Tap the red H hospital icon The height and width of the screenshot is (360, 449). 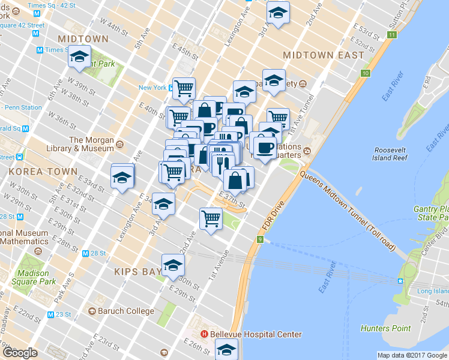[x=204, y=334]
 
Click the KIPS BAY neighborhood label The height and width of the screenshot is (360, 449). [x=138, y=271]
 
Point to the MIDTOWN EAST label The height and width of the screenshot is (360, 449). [x=323, y=55]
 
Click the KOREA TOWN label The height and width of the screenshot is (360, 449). [x=43, y=171]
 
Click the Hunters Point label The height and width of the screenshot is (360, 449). [x=385, y=328]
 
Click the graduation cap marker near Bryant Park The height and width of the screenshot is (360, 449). [x=79, y=56]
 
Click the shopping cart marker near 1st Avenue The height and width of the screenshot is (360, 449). [x=211, y=217]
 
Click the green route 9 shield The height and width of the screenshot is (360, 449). [x=261, y=239]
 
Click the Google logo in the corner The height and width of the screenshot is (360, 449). [x=20, y=353]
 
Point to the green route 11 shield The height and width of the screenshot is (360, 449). [x=391, y=35]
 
